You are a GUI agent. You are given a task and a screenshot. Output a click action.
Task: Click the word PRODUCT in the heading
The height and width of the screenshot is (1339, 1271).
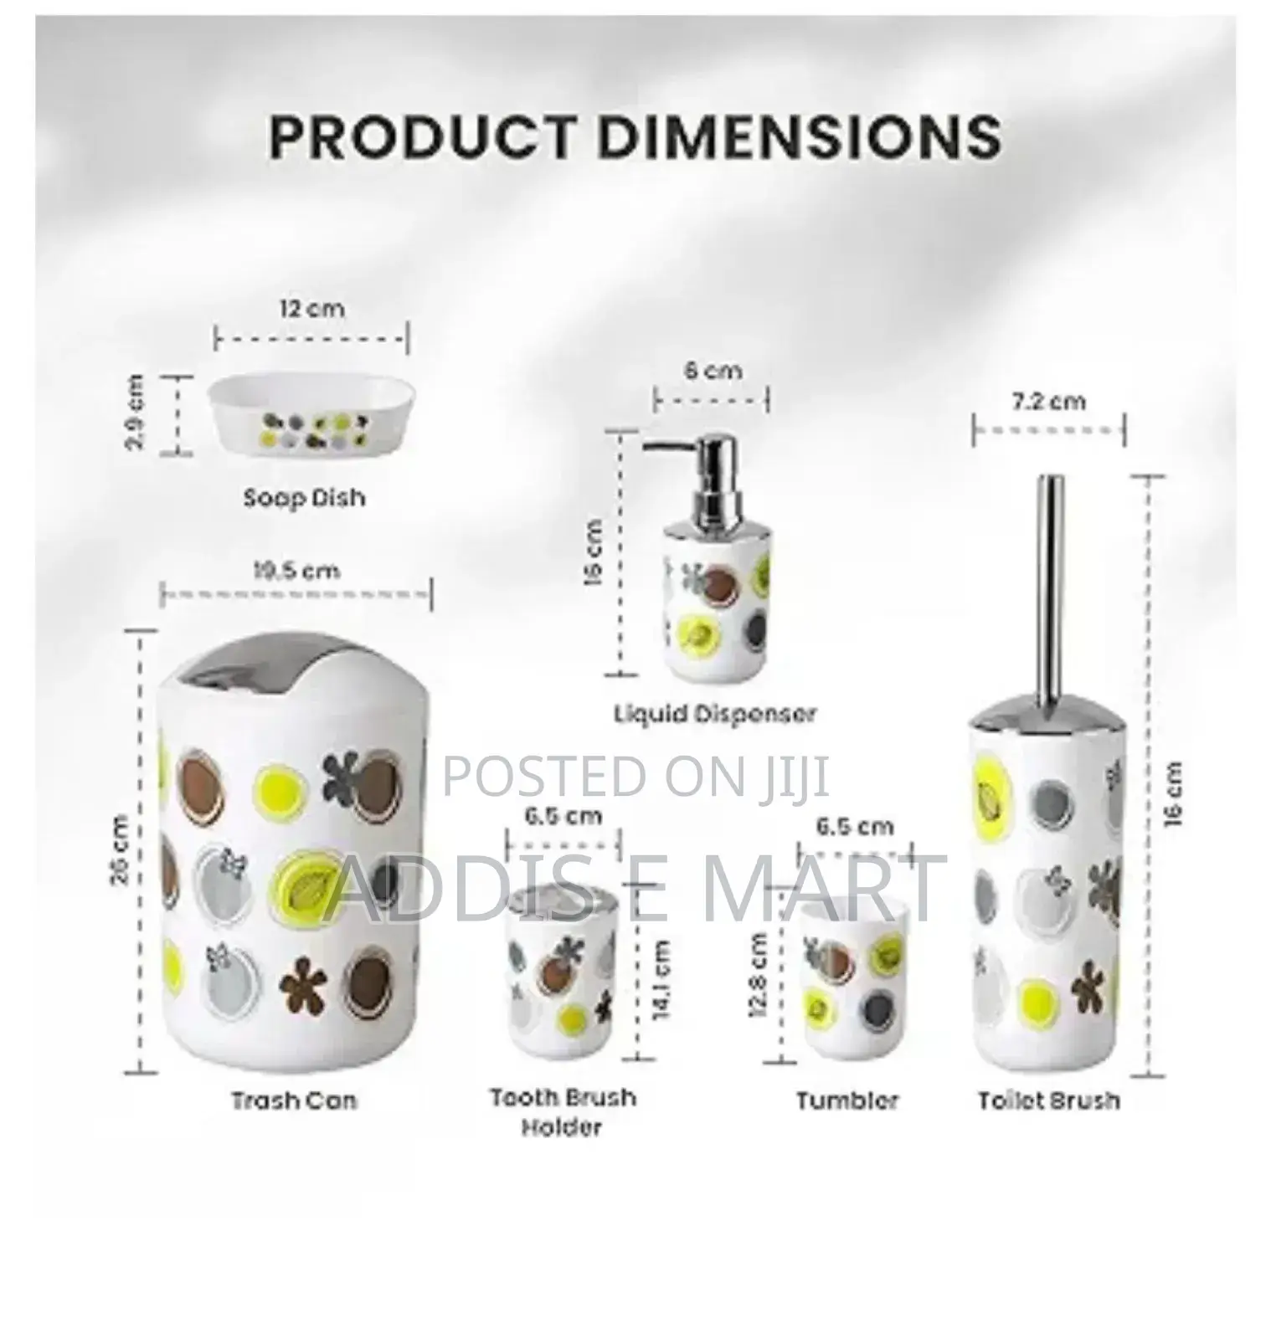tap(422, 136)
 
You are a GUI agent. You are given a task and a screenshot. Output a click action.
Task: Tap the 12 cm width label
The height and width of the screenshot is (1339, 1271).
tap(311, 309)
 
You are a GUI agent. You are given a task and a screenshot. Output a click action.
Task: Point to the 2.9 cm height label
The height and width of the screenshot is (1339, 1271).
tap(134, 413)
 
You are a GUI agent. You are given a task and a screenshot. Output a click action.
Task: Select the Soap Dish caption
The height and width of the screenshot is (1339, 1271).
tap(305, 498)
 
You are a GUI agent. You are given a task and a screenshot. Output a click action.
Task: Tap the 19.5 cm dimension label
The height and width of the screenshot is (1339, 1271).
tap(296, 572)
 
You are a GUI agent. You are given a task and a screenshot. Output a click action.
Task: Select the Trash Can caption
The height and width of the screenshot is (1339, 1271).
tap(295, 1100)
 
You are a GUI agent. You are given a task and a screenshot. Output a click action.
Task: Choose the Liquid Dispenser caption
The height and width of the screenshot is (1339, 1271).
tap(715, 714)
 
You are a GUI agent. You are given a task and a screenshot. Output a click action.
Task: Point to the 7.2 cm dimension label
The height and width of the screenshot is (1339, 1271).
tap(1048, 402)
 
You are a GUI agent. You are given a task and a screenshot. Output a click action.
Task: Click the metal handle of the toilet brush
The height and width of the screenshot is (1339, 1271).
tap(1050, 586)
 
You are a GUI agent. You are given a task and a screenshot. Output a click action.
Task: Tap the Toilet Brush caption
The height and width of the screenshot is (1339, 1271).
tap(1049, 1100)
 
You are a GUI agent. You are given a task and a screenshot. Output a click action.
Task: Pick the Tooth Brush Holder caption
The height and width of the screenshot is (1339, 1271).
tap(563, 1111)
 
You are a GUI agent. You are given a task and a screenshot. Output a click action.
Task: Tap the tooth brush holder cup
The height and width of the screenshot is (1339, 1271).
tap(564, 975)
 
